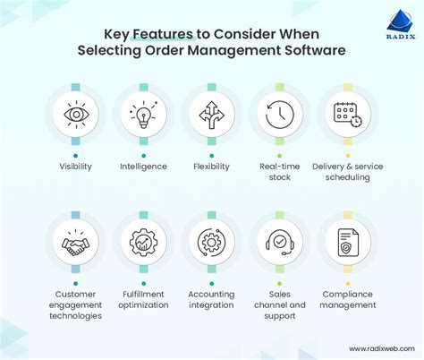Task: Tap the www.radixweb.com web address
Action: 376,348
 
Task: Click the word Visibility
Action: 75,167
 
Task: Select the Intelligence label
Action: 143,167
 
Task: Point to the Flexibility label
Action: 211,167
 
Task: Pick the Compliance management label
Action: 348,298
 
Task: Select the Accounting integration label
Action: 211,298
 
